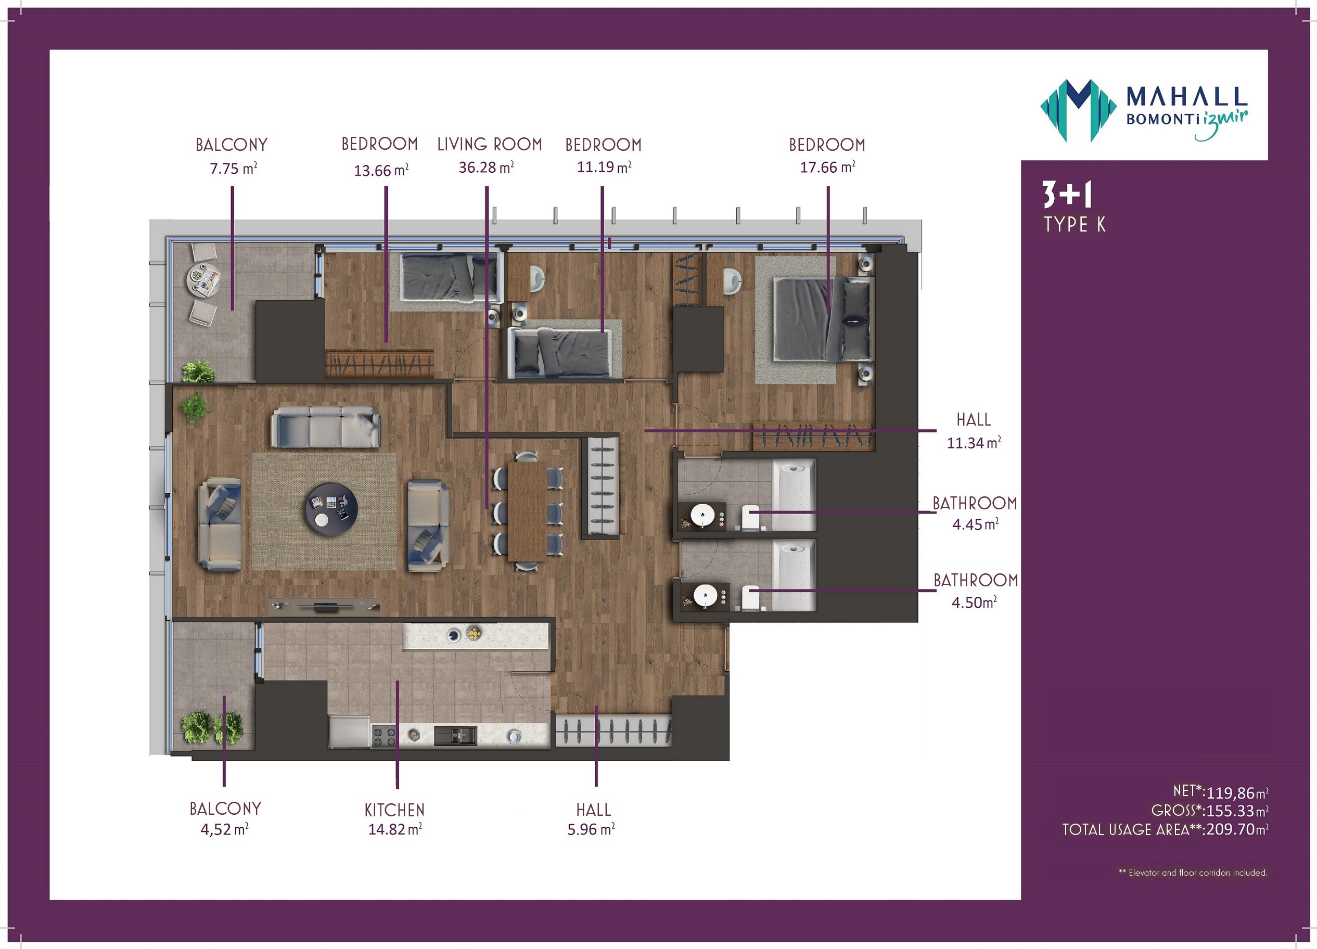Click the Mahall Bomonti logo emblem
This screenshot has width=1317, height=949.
point(1078,110)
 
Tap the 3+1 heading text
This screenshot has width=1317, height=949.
point(1067,195)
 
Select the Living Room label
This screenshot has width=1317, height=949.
point(490,144)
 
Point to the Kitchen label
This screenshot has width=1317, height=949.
point(394,810)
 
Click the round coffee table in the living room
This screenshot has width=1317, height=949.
point(331,509)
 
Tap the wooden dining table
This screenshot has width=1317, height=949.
point(527,510)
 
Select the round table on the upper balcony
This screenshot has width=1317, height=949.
point(204,280)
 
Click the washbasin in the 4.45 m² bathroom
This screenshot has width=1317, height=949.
point(702,515)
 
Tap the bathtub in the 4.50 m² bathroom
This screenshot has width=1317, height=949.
point(795,575)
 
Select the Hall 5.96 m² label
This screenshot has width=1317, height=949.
point(592,819)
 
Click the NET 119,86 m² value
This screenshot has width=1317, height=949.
point(1221,791)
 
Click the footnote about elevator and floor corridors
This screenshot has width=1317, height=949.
point(1193,873)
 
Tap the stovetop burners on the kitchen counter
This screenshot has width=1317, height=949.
point(384,736)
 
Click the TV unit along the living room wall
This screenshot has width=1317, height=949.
point(325,606)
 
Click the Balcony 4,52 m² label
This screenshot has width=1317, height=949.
point(225,819)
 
